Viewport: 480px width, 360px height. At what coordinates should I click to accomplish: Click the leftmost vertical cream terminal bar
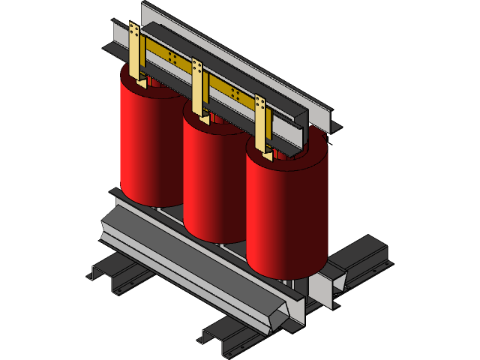(134, 52)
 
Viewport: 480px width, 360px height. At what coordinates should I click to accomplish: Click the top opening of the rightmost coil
(289, 156)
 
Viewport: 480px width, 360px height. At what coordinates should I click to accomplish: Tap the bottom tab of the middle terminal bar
(203, 118)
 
